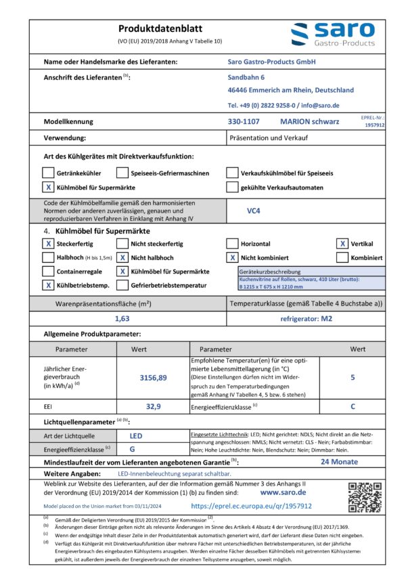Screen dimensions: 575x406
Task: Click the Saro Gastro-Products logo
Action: pyautogui.click(x=332, y=34)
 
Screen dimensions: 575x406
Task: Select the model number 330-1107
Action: pyautogui.click(x=244, y=122)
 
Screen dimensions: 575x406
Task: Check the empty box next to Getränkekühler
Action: pyautogui.click(x=48, y=173)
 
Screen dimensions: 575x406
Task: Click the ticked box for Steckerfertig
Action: pyautogui.click(x=48, y=244)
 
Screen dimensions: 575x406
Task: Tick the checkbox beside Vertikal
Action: pyautogui.click(x=343, y=244)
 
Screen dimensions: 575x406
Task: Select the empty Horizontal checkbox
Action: pyautogui.click(x=232, y=244)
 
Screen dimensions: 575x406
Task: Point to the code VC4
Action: pyautogui.click(x=254, y=211)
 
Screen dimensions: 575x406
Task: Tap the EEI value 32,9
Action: pyautogui.click(x=153, y=406)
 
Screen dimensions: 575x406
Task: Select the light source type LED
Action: pyautogui.click(x=136, y=436)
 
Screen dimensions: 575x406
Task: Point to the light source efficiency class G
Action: pyautogui.click(x=132, y=449)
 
